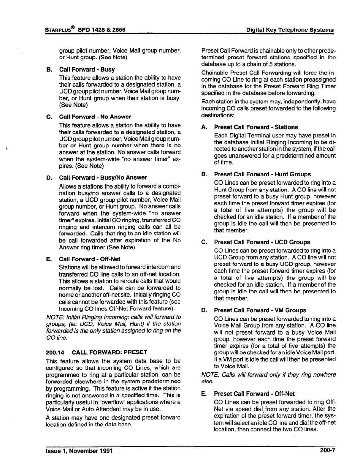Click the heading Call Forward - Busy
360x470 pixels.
(87, 69)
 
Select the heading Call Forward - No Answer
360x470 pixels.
(95, 117)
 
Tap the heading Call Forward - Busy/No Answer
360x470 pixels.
(103, 178)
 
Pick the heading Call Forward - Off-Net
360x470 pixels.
(89, 259)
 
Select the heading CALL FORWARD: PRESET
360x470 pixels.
(110, 352)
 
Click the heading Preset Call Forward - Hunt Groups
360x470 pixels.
(262, 174)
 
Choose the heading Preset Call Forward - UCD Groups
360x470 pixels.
(262, 242)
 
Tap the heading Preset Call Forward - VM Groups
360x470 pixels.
(260, 310)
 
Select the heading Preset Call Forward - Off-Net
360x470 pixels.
(254, 394)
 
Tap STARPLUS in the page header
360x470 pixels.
(58, 30)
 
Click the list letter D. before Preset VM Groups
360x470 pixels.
(204, 310)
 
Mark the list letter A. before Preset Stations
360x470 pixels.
(204, 127)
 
